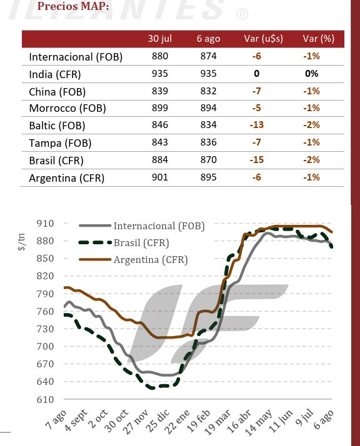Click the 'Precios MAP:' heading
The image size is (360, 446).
[x=73, y=6]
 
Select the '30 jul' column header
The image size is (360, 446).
[x=159, y=39]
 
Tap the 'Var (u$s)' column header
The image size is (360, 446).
[x=264, y=39]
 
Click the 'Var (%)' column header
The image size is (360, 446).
[x=319, y=39]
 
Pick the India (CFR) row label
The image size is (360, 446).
[x=55, y=74]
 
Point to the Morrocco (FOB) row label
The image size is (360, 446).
[x=67, y=108]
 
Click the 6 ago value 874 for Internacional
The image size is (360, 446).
[x=208, y=56]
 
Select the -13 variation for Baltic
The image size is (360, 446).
[x=257, y=125]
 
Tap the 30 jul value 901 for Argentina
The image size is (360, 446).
[x=159, y=177]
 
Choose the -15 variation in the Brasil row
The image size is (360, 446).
[x=257, y=160]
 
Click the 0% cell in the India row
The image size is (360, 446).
[x=312, y=74]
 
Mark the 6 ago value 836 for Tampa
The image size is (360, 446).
[x=208, y=142]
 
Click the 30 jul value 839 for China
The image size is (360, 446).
[x=159, y=91]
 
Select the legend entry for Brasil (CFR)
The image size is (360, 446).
[x=124, y=242]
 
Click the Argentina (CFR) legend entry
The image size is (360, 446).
[x=134, y=259]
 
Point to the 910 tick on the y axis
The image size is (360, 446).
[x=45, y=224]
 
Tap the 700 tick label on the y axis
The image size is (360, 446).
[x=45, y=347]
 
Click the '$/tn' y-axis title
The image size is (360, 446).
[x=22, y=242]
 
